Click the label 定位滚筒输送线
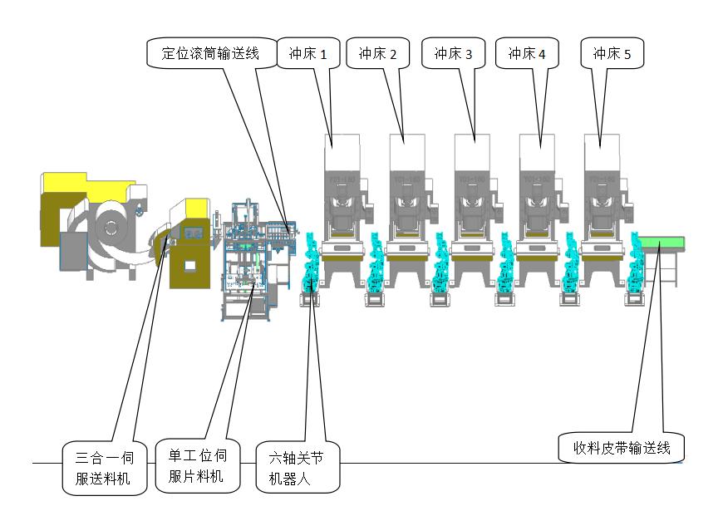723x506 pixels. (209, 53)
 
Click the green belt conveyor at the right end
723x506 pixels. (662, 243)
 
